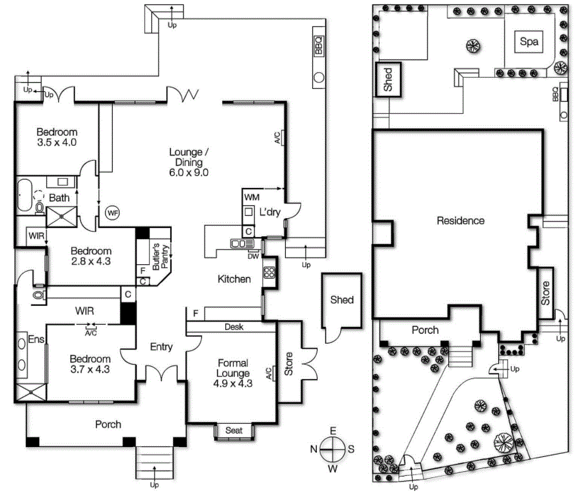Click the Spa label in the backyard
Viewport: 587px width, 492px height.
coord(529,42)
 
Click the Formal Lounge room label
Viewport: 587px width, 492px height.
coord(233,368)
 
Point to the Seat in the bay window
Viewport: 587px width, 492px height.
coord(234,430)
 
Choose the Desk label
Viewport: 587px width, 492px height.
coord(234,327)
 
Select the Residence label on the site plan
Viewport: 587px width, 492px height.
coord(460,220)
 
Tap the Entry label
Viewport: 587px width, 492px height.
coord(161,347)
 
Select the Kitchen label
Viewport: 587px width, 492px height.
coord(234,279)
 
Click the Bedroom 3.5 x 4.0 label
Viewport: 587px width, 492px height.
coord(57,137)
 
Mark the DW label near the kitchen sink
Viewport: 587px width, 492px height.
coord(253,257)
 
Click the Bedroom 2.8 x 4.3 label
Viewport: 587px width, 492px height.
coord(90,256)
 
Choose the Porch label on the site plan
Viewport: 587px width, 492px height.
coord(425,330)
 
